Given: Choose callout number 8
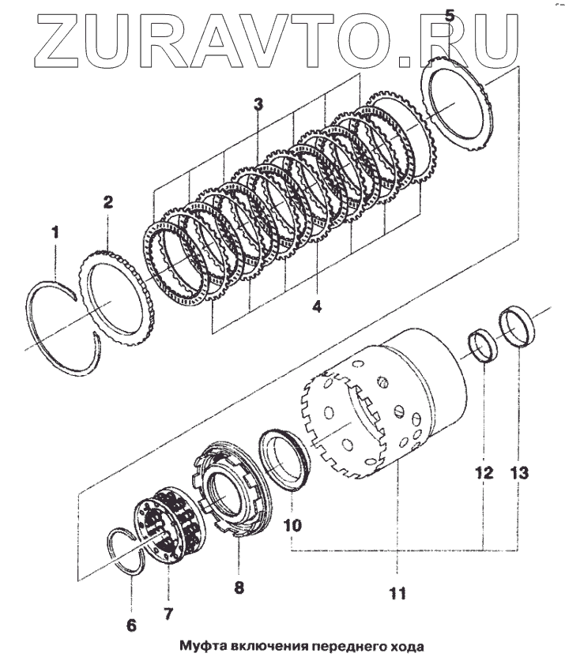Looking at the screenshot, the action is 239,587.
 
